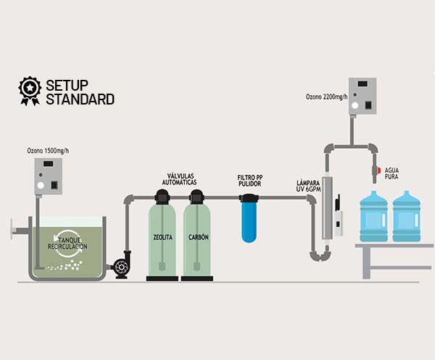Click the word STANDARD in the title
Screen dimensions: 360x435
(80, 99)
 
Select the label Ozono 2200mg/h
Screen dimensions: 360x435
(327, 97)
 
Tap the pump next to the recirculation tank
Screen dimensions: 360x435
(120, 265)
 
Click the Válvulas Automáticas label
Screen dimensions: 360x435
(181, 179)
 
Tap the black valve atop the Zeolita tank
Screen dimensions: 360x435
(162, 195)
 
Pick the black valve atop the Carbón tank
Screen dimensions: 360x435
(197, 195)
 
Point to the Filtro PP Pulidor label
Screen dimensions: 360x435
(250, 181)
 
